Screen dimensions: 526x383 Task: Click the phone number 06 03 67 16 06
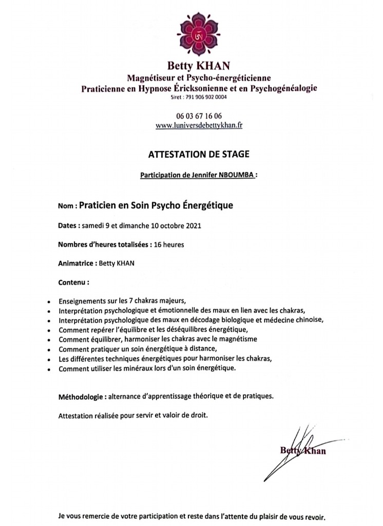click(191, 116)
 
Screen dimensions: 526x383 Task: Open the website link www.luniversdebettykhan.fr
click(191, 125)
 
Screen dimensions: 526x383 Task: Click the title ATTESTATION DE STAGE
click(191, 153)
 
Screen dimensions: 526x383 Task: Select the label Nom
click(67, 205)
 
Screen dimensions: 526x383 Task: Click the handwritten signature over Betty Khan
click(299, 447)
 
